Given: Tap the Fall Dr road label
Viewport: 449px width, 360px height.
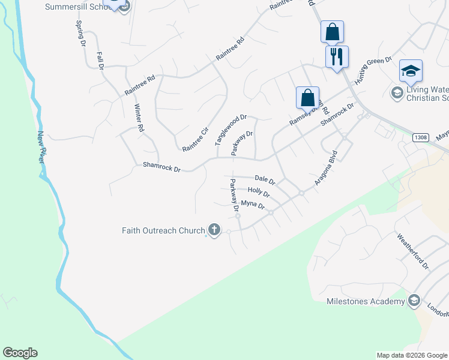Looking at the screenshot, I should tap(100, 61).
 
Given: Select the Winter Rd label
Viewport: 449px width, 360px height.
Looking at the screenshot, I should tap(139, 118).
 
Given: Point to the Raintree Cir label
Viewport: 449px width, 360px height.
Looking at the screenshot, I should tap(195, 139).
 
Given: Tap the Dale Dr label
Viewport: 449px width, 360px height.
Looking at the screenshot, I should tap(264, 179).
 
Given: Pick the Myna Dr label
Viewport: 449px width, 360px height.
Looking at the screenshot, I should tap(253, 205).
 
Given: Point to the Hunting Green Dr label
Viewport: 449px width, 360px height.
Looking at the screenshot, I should tap(373, 70).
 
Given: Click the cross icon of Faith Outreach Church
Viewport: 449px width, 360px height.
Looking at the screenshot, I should tap(214, 230).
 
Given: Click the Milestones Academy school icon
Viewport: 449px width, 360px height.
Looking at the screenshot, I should tap(414, 301).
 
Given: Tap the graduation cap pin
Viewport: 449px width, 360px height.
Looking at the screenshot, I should tap(411, 71).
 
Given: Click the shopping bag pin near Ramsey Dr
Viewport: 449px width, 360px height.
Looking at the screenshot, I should tap(307, 97).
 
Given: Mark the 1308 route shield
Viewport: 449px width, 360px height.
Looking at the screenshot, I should tap(421, 137).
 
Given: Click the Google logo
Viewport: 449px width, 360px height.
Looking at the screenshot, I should tap(20, 353).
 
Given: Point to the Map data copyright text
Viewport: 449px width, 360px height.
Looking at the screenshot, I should tap(411, 355).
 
